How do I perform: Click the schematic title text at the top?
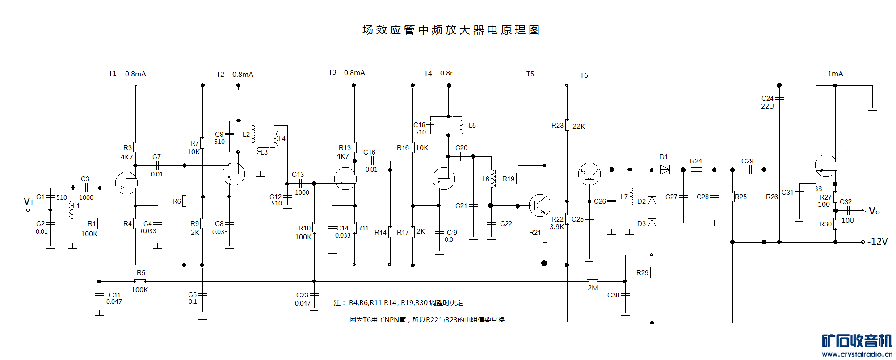pyautogui.click(x=451, y=30)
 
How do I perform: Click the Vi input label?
pyautogui.click(x=28, y=201)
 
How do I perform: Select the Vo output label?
pyautogui.click(x=874, y=211)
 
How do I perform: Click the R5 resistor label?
pyautogui.click(x=141, y=273)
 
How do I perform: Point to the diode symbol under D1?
pyautogui.click(x=665, y=170)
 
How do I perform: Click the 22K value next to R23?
pyautogui.click(x=579, y=126)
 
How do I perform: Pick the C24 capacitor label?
pyautogui.click(x=767, y=98)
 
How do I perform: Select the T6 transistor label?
pyautogui.click(x=584, y=75)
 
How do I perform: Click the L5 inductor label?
pyautogui.click(x=472, y=126)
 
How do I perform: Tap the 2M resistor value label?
pyautogui.click(x=593, y=288)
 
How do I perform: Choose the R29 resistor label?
pyautogui.click(x=642, y=273)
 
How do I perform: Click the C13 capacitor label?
pyautogui.click(x=298, y=175)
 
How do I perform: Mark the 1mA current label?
pyautogui.click(x=835, y=74)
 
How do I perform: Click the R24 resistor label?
pyautogui.click(x=696, y=161)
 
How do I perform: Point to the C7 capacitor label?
pyautogui.click(x=156, y=157)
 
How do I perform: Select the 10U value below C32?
pyautogui.click(x=848, y=221)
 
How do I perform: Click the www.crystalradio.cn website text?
pyautogui.click(x=857, y=354)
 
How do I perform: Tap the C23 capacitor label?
pyautogui.click(x=302, y=295)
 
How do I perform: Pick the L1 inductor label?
pyautogui.click(x=76, y=206)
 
